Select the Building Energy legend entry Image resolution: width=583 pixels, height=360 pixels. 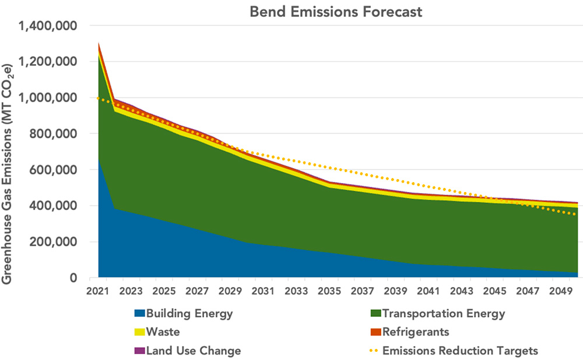click(189, 314)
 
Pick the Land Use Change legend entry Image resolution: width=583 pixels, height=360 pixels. click(193, 351)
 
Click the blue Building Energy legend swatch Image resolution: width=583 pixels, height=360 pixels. click(140, 314)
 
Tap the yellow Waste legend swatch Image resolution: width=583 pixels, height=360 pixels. click(140, 333)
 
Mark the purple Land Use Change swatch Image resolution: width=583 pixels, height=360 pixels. click(140, 351)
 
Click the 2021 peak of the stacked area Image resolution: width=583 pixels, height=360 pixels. click(99, 43)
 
